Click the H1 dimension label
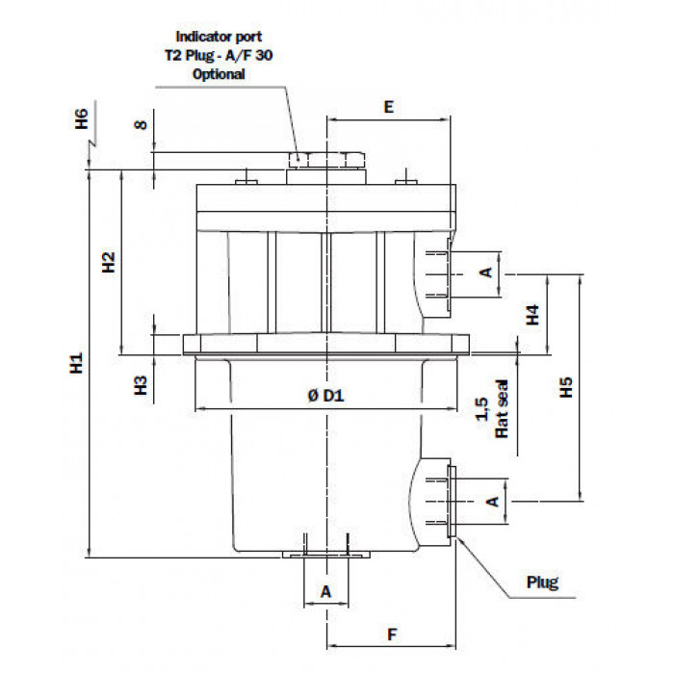[76, 363]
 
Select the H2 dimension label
[109, 262]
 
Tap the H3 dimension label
[141, 385]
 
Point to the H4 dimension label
[532, 315]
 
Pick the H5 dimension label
[566, 387]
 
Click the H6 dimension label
[82, 118]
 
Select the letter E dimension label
[389, 107]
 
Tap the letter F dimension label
[392, 635]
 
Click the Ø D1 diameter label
[326, 395]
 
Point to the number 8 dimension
[141, 124]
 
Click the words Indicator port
[219, 37]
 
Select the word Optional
[219, 74]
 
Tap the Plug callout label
[542, 583]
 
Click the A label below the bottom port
[325, 592]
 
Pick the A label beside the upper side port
[486, 272]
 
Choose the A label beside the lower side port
[493, 502]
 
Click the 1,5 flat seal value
[482, 409]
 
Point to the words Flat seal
[502, 409]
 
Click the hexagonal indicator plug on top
[326, 160]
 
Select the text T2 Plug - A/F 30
[219, 56]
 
